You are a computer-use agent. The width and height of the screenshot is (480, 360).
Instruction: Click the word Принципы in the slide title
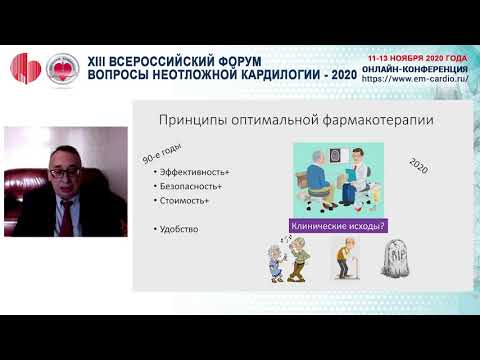pyautogui.click(x=187, y=120)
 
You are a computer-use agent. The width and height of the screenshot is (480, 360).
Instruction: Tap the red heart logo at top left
pyautogui.click(x=24, y=67)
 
